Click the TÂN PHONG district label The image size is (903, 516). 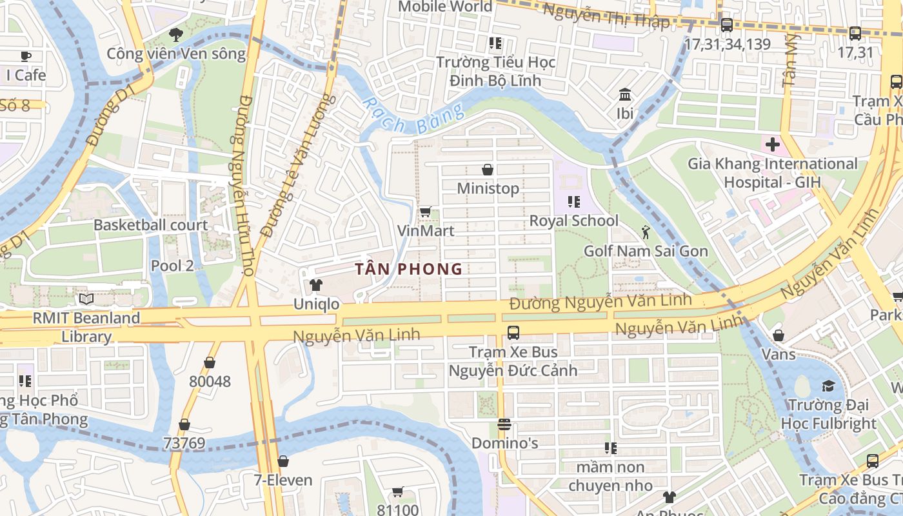pos(409,269)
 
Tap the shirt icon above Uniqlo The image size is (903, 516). pos(315,284)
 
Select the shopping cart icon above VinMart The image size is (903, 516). pos(425,212)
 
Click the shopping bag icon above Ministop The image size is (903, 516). pos(488,170)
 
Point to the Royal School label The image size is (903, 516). pos(573,221)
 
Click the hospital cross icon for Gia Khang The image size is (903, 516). pos(772,144)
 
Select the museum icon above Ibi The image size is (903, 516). pos(624,95)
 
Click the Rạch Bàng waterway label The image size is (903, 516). pos(413,116)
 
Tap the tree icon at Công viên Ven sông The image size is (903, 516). pos(175,35)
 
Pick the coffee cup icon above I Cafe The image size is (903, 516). pos(26,56)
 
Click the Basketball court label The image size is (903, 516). pos(151,225)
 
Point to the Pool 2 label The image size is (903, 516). pos(172,266)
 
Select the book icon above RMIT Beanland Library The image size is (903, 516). pos(86,299)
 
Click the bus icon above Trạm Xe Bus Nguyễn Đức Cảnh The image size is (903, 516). pos(513,333)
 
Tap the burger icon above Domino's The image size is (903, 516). pos(504,424)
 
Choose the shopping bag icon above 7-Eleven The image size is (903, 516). pos(283,461)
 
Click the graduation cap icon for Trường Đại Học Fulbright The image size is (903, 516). pos(828,386)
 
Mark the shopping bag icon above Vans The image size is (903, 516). pos(779,335)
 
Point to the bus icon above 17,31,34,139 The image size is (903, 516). pos(727,25)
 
